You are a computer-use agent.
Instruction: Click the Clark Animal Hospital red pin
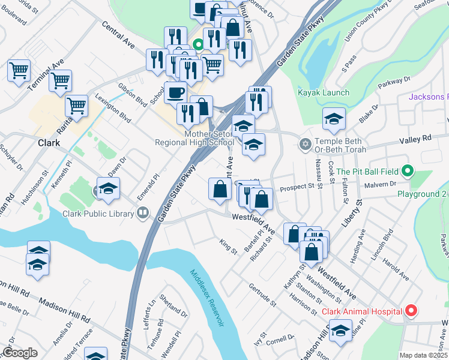411,311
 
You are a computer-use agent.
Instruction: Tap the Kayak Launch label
323,92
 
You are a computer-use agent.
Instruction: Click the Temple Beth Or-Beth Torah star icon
305,145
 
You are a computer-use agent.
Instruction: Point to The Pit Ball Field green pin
408,172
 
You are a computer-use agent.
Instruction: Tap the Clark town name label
49,143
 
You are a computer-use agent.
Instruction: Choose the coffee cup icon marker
175,92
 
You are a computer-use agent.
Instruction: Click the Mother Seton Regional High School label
194,139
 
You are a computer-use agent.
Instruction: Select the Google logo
20,353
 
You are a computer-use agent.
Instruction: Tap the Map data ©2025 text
423,355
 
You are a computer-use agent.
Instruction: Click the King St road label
228,246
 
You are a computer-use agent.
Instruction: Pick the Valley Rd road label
415,138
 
